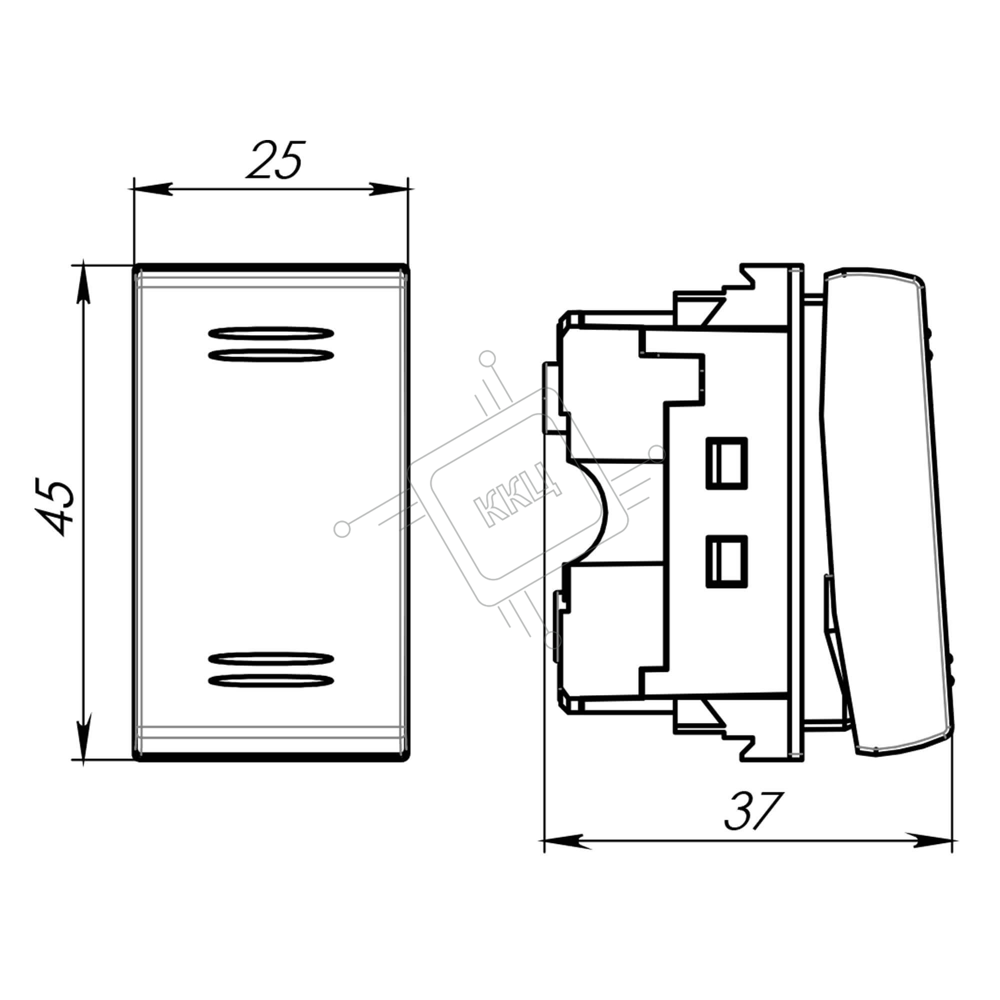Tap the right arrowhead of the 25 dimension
click(388, 189)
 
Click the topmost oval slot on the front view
click(270, 333)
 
